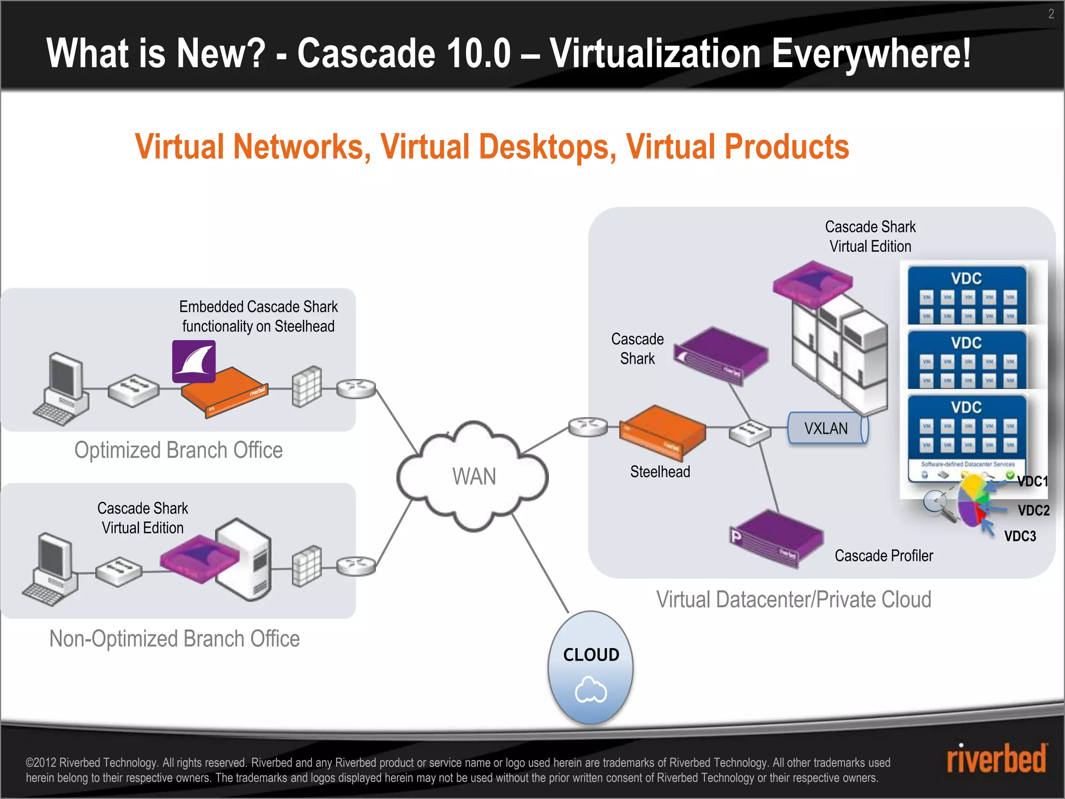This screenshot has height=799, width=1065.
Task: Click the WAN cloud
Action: [x=473, y=476]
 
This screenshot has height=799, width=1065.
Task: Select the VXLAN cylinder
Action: [x=827, y=428]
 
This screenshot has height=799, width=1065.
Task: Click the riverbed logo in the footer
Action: [x=996, y=759]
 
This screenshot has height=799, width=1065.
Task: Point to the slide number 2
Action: [x=1051, y=14]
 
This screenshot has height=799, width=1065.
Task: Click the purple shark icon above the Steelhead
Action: [x=194, y=361]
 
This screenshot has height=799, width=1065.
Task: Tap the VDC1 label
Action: [x=1032, y=481]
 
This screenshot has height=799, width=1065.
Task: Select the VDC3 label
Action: [x=1020, y=536]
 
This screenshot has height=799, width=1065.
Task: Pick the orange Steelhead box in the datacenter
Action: [x=662, y=432]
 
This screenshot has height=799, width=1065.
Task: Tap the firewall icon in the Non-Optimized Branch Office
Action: [x=307, y=565]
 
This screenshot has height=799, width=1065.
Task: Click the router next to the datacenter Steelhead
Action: [x=588, y=427]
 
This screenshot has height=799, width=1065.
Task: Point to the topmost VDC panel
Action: [x=967, y=294]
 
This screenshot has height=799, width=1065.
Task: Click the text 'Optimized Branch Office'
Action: [x=178, y=450]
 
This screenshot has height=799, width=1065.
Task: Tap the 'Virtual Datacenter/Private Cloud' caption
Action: [x=794, y=599]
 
